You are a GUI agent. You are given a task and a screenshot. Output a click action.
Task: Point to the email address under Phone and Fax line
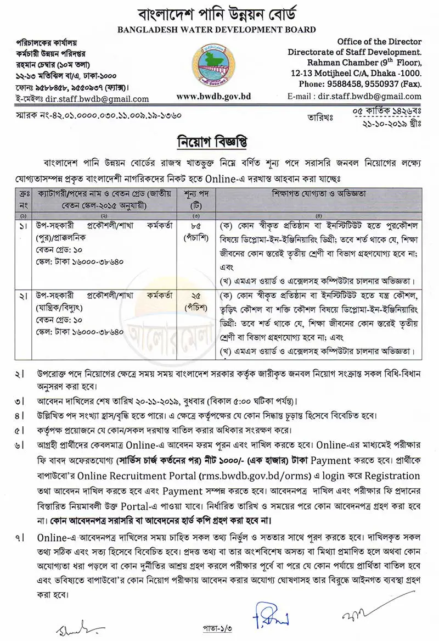click(x=370, y=96)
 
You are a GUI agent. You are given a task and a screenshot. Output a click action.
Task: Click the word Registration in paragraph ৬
click(x=393, y=476)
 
